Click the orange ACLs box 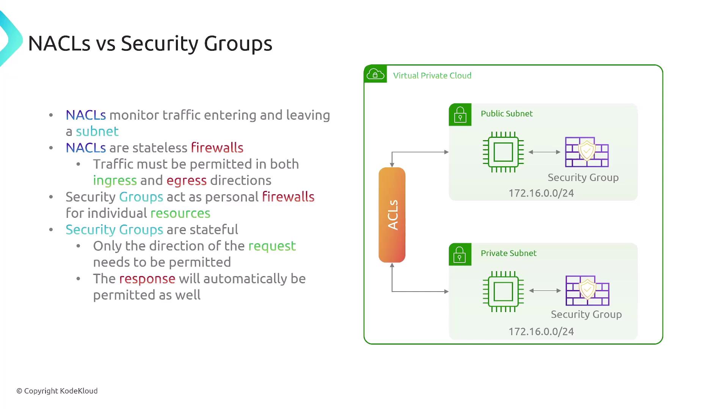click(x=392, y=215)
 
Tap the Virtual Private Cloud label click(x=432, y=75)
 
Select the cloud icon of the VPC click(x=375, y=74)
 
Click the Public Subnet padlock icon click(x=460, y=114)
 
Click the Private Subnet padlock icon click(x=460, y=254)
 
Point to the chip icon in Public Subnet click(x=503, y=152)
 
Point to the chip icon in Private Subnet click(x=503, y=291)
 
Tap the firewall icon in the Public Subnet click(x=587, y=152)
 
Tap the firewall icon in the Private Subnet click(x=587, y=290)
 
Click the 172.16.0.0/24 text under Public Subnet click(x=541, y=193)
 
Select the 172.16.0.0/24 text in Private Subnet click(x=541, y=332)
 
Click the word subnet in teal click(x=97, y=131)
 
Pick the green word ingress click(x=115, y=181)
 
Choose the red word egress click(x=187, y=181)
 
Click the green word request click(x=272, y=246)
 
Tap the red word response click(x=147, y=279)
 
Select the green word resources click(x=180, y=213)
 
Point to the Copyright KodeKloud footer click(x=57, y=391)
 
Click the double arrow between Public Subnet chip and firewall click(x=544, y=152)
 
